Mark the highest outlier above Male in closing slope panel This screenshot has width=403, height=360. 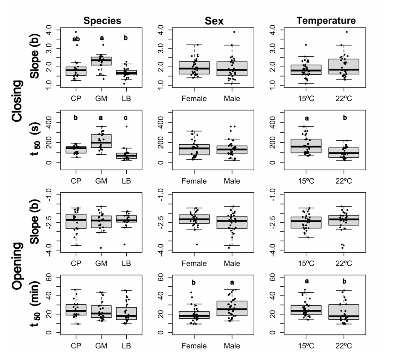[x=234, y=32]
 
